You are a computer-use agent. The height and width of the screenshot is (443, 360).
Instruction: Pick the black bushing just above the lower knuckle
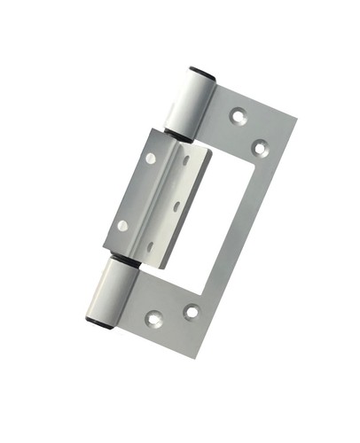122,261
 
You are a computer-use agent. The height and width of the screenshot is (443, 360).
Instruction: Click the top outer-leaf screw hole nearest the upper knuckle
238,114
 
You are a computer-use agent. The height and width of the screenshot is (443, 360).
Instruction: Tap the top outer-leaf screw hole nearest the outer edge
260,147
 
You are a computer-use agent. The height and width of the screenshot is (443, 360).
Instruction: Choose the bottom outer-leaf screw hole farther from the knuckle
191,311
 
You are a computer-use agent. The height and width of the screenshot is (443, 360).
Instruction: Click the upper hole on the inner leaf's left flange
151,159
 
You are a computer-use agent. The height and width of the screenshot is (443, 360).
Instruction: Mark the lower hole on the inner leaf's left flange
122,225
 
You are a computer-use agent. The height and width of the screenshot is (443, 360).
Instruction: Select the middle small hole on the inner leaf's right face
176,206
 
